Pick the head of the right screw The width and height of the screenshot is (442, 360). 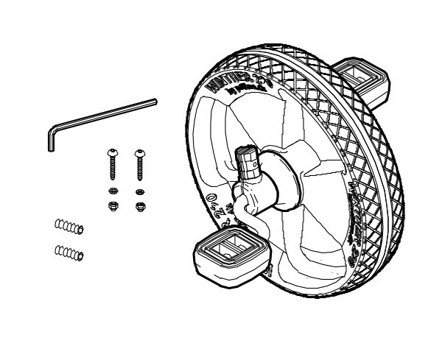[x=138, y=154]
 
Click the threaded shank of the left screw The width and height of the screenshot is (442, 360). [x=113, y=169]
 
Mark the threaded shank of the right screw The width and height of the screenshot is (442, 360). [x=138, y=169]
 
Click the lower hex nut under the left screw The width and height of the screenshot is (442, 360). [x=113, y=205]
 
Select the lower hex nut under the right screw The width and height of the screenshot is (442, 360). [x=138, y=205]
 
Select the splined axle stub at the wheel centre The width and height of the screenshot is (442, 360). [x=249, y=161]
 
